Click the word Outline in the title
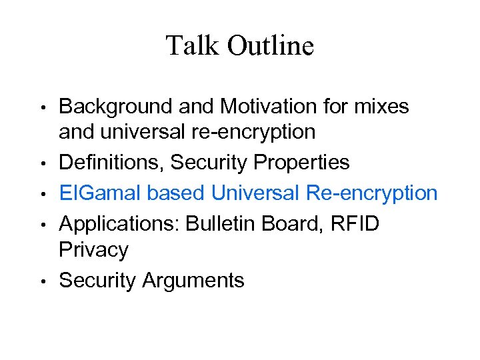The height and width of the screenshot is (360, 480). (x=270, y=46)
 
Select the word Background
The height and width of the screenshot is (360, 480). (x=114, y=105)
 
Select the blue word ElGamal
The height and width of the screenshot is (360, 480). (x=100, y=193)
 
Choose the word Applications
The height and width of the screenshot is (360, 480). (x=119, y=223)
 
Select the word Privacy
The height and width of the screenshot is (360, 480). (x=93, y=251)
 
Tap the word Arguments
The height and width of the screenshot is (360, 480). (x=193, y=281)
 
